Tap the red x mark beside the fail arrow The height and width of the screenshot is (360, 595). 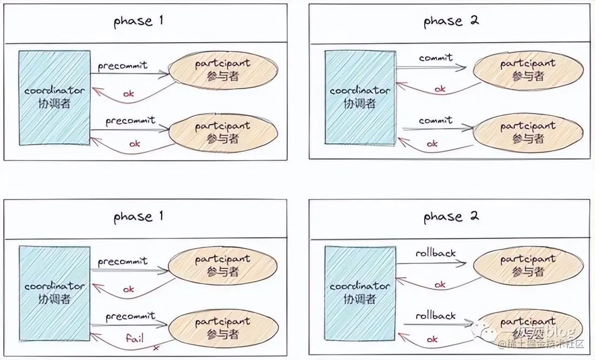point(156,348)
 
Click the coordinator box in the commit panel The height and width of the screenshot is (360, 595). point(360,97)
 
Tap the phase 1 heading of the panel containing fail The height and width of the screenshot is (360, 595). point(138,217)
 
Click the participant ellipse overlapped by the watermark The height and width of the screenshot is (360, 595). point(528,328)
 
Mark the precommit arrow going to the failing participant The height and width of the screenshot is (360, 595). point(130,325)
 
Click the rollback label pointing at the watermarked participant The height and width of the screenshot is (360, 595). point(435,315)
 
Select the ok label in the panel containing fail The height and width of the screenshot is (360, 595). point(128,289)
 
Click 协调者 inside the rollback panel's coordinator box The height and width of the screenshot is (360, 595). point(360,298)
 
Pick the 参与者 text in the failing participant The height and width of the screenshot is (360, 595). point(223,334)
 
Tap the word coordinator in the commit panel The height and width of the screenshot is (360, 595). point(360,91)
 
